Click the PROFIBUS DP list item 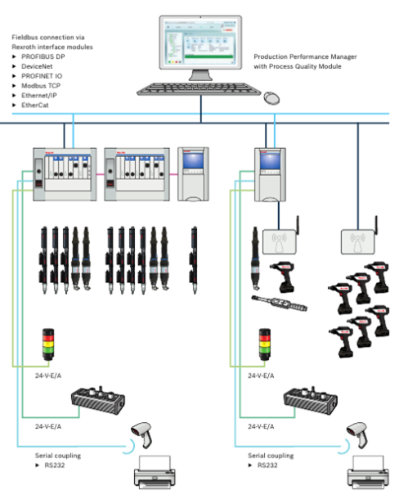click(43, 56)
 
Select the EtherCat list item click(35, 105)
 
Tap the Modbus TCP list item click(41, 86)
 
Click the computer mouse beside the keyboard click(271, 97)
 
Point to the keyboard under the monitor click(199, 89)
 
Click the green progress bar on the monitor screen click(208, 56)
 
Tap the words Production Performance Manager click(305, 56)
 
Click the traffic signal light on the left click(48, 344)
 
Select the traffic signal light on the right click(265, 344)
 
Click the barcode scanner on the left click(142, 434)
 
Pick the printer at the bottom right click(368, 472)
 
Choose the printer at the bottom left click(155, 472)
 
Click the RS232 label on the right click(267, 465)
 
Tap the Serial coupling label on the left click(58, 456)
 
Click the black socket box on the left click(98, 401)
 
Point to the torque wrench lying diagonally click(279, 303)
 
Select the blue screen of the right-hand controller click(270, 161)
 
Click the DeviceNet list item click(37, 66)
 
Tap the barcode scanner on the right click(358, 434)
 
